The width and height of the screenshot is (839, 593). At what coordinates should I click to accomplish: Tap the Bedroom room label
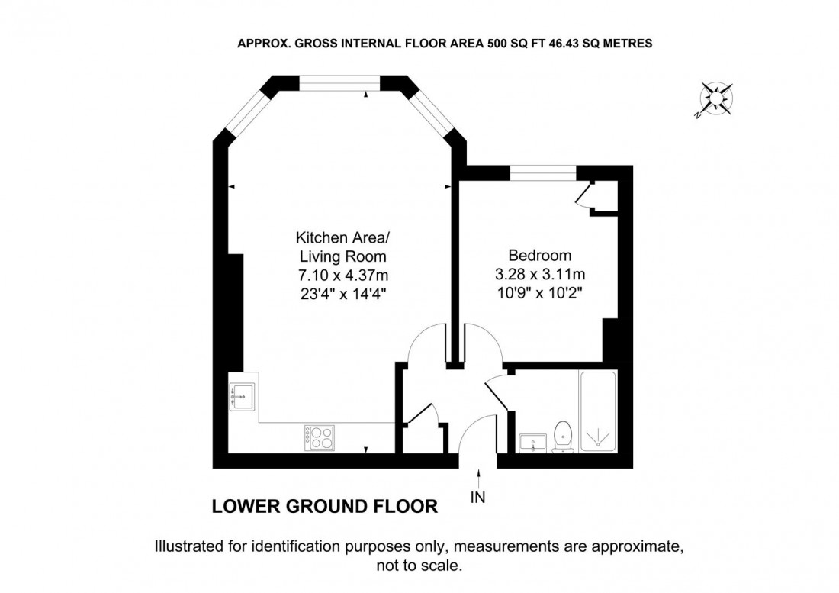[x=540, y=255]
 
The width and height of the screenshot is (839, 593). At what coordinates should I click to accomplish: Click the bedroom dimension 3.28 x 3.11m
[x=540, y=273]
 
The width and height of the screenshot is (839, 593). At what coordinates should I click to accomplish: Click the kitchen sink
[x=243, y=396]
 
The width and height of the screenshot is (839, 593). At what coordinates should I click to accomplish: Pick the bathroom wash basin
[x=532, y=442]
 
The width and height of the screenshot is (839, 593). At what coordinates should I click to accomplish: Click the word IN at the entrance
[x=478, y=498]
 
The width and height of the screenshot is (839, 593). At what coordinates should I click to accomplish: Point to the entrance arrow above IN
[x=478, y=479]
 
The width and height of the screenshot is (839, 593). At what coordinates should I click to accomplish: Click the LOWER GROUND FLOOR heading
[x=324, y=506]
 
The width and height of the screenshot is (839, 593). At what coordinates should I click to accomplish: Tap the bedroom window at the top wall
[x=543, y=173]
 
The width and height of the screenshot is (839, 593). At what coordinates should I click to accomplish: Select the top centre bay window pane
[x=339, y=81]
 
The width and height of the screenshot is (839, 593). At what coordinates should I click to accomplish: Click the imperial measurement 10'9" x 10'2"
[x=540, y=292]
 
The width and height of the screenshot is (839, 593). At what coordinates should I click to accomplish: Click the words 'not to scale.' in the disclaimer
[x=419, y=566]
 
